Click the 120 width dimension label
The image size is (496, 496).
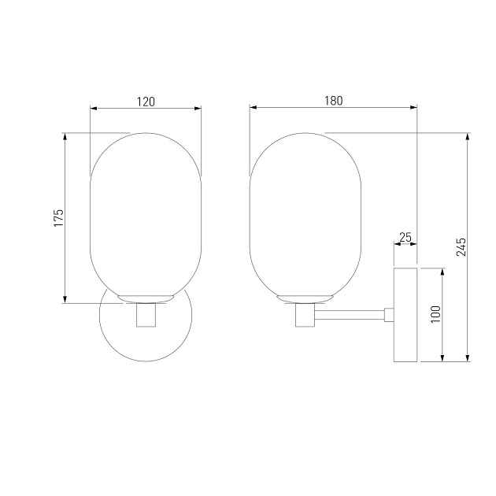(146, 102)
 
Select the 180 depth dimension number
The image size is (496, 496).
(333, 101)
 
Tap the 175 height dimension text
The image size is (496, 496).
(58, 217)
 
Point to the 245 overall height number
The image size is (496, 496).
(461, 246)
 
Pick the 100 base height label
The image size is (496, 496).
(435, 314)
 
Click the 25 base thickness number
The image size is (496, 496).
(405, 237)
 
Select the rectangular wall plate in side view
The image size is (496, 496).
(405, 315)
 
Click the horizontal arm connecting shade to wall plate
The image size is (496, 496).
(350, 315)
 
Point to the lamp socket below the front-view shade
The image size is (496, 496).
(146, 315)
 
